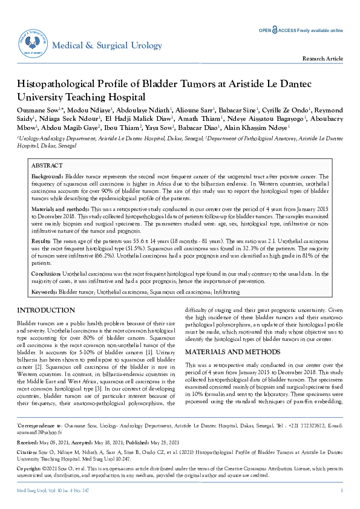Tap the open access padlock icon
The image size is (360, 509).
(275, 30)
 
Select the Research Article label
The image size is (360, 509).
(326, 59)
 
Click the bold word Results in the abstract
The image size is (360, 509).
(41, 240)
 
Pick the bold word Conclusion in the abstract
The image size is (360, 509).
(45, 273)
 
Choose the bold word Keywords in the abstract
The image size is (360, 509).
(44, 292)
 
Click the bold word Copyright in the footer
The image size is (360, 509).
(30, 485)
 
